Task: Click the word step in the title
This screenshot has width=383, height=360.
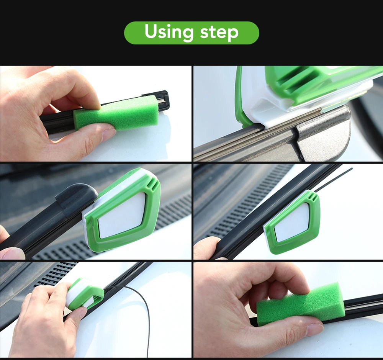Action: click(x=219, y=33)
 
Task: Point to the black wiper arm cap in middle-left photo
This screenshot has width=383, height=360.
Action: click(x=77, y=197)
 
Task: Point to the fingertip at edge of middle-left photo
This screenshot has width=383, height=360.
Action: click(x=10, y=253)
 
